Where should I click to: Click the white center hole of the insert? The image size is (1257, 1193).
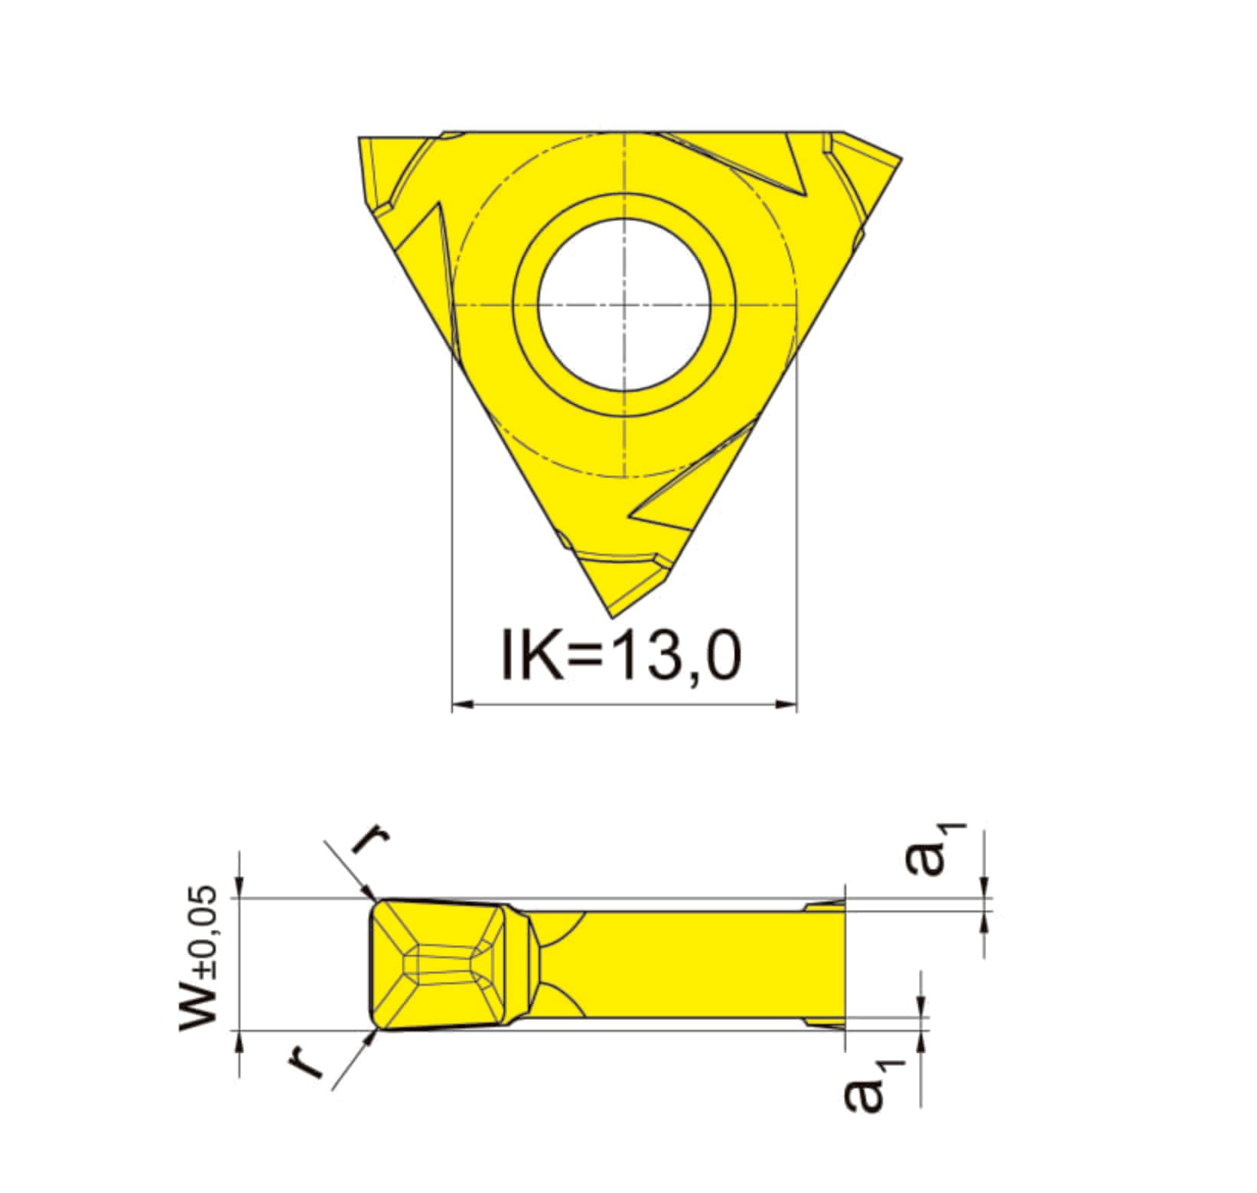coord(624,305)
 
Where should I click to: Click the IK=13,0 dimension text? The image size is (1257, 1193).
coord(621,654)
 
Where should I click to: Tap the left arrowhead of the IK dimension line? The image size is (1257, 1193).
coord(464,703)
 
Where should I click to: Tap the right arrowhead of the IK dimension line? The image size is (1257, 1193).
coord(786,703)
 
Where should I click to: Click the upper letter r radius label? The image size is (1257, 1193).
coord(370,839)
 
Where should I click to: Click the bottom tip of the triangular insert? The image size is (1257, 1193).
coord(611,618)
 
